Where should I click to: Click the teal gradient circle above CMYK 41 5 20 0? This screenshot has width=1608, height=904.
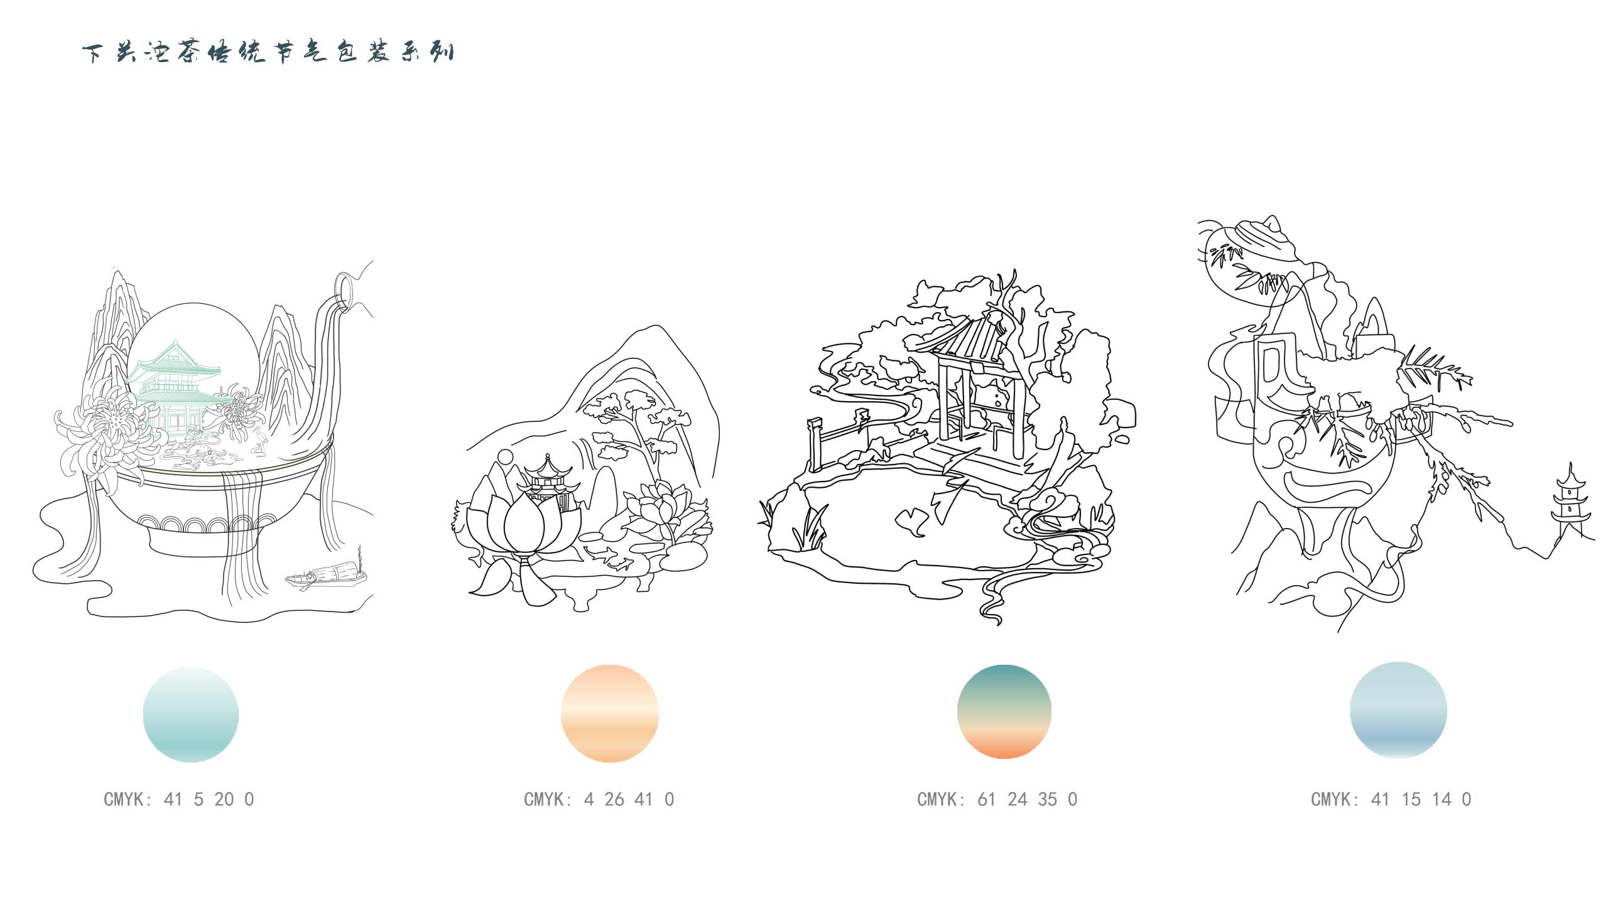pos(191,714)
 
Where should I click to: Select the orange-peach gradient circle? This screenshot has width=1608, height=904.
pos(609,714)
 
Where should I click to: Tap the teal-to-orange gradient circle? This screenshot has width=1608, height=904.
pos(1004,711)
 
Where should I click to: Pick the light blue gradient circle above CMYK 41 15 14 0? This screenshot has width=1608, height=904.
pos(1398,710)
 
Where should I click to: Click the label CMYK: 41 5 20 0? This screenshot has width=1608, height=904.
pos(179,799)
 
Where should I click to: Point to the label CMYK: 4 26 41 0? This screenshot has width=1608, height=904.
pos(599,799)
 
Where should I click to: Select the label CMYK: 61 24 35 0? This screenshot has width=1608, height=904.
pos(997,799)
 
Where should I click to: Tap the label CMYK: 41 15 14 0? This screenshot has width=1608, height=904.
pos(1391,799)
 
